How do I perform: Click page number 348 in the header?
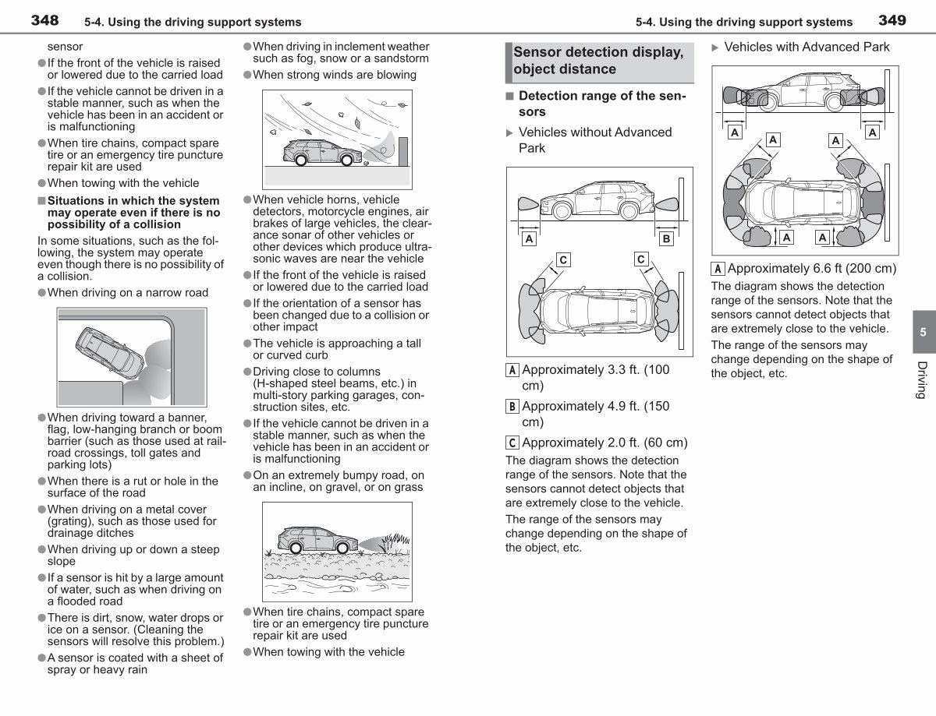tap(44, 20)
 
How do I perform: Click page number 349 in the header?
tap(892, 20)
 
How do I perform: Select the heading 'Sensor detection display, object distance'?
tap(598, 60)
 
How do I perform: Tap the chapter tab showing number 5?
tap(924, 332)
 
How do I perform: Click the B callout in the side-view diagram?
tap(666, 238)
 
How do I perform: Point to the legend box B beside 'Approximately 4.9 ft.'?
tap(512, 407)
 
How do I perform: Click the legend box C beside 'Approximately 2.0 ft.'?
tap(512, 443)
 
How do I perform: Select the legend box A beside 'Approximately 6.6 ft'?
tap(717, 269)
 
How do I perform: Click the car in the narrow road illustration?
tap(109, 353)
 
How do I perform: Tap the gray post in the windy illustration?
tap(403, 151)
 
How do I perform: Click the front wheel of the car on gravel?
tap(343, 548)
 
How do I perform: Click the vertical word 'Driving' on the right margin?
tap(921, 380)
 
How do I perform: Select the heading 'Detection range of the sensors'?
tap(602, 103)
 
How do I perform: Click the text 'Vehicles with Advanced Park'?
tap(807, 47)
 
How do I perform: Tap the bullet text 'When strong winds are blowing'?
tap(335, 75)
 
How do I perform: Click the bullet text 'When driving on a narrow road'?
tap(127, 293)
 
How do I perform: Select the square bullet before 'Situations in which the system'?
tap(41, 201)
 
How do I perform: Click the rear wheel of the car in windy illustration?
tap(300, 160)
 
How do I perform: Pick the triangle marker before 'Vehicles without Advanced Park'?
tap(509, 133)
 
